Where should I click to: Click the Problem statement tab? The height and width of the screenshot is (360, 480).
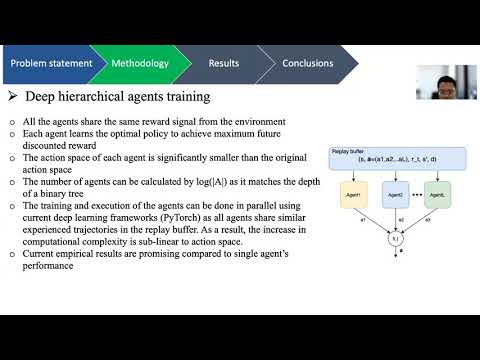51,64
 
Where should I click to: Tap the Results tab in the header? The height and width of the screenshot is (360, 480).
224,64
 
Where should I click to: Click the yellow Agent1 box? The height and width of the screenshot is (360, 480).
352,193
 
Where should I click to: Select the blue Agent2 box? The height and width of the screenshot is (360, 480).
397,193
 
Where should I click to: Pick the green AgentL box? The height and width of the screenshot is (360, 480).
441,193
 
